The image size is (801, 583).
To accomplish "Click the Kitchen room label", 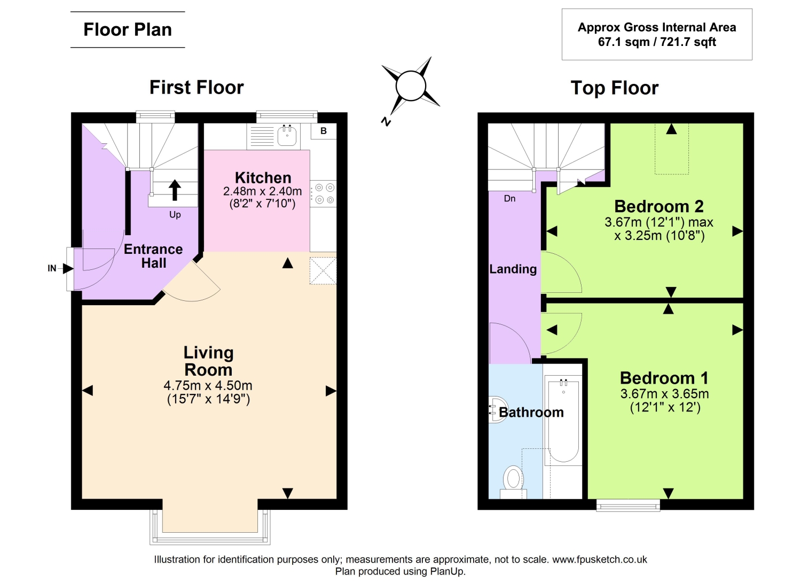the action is (x=263, y=177).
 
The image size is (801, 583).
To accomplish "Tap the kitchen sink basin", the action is (x=287, y=136).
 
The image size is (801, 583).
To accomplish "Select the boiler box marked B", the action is (x=324, y=131).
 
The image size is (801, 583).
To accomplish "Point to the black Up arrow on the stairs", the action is (x=175, y=190).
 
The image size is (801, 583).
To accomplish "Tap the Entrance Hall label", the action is (x=153, y=256).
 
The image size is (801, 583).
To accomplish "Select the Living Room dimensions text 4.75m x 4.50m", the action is (x=208, y=385).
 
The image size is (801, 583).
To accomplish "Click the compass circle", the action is (x=411, y=86).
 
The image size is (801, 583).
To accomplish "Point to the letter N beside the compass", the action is (x=386, y=121).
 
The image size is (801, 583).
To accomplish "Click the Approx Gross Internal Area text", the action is (x=657, y=27).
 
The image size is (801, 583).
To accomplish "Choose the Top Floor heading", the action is (x=614, y=88).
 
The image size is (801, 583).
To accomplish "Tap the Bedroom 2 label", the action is (x=658, y=206).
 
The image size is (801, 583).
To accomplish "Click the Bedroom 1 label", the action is (x=664, y=378).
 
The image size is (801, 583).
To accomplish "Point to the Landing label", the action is (x=513, y=269).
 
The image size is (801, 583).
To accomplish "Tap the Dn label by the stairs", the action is (x=509, y=198).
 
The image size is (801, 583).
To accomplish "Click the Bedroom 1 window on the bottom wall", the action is (x=628, y=505).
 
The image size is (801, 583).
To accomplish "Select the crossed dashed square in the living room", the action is (x=323, y=270).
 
